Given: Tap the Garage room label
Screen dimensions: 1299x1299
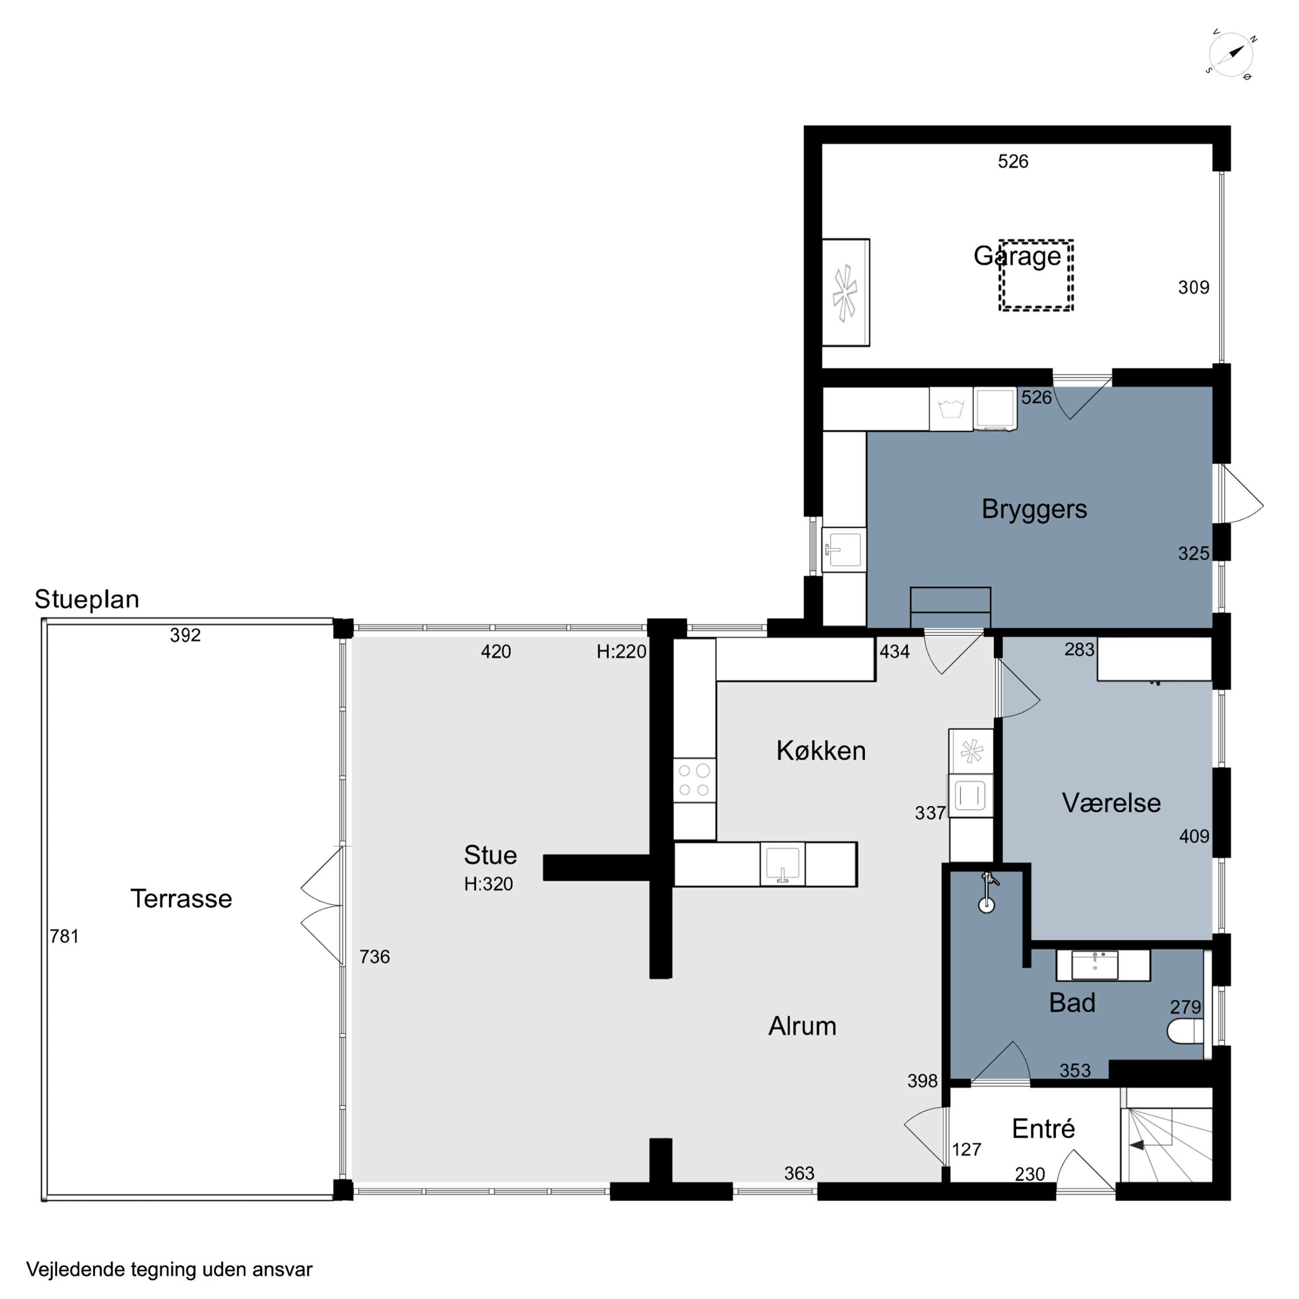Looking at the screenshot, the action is coord(1017,256).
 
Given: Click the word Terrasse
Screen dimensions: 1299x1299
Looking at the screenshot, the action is coord(181,898).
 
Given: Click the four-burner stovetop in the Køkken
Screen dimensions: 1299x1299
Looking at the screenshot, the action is coord(694,780).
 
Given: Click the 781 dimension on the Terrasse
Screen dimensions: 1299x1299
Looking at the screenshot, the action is coord(65,936).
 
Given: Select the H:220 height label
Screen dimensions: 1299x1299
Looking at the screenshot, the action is coord(621,652).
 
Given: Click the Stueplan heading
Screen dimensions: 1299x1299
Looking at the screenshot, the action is coord(87,599).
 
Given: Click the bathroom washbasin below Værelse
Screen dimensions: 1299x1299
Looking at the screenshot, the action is coord(1095,965).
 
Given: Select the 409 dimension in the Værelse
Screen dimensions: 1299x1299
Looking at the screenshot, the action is coord(1194,837).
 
